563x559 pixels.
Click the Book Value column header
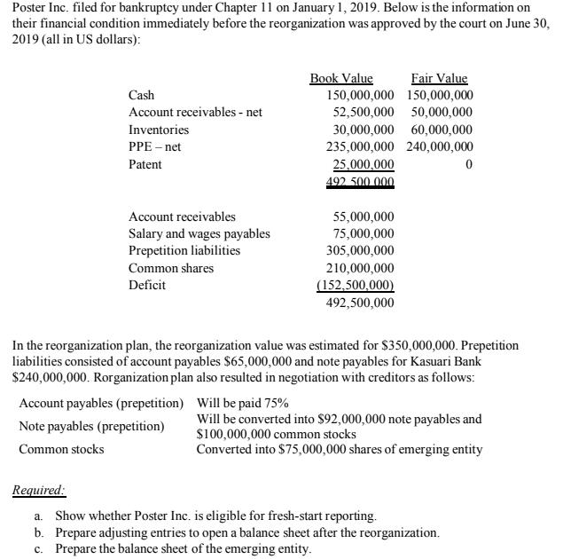pos(340,79)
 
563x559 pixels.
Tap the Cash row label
pos(141,95)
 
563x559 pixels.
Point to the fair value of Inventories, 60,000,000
pos(442,130)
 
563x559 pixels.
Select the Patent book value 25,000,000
pos(363,165)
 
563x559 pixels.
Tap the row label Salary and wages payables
pos(199,233)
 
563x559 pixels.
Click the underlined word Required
pos(38,489)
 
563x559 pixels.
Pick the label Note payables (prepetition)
pos(91,426)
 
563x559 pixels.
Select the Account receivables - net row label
pos(195,113)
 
